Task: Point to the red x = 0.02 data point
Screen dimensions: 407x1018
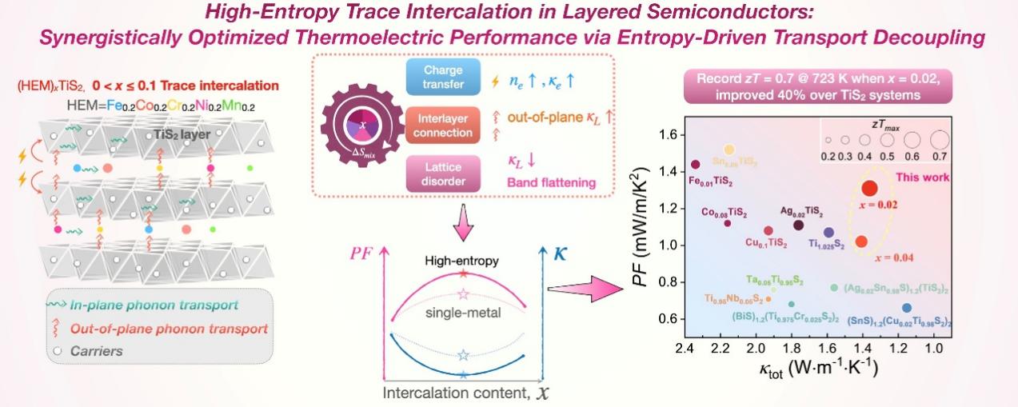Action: pos(870,188)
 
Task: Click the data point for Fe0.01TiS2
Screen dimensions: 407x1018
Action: pos(695,165)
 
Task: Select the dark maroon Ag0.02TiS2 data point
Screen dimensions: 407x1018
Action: pos(798,225)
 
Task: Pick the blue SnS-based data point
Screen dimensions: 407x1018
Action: pos(906,308)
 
